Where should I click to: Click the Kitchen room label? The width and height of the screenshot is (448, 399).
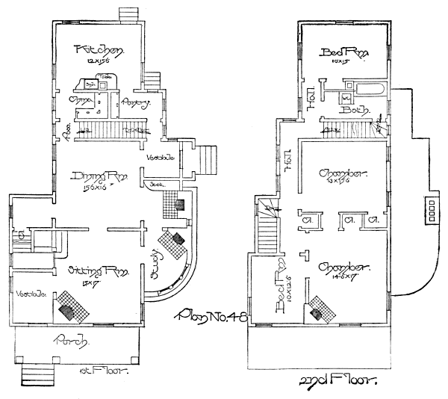tap(99, 51)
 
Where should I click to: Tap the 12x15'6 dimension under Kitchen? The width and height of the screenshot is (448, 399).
tap(99, 63)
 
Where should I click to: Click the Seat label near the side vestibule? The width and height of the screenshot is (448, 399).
tap(156, 183)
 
